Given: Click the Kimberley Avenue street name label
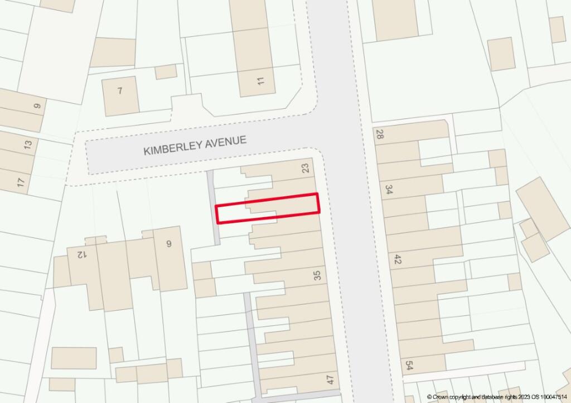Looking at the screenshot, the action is pos(195,146).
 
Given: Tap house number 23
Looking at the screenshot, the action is pos(305,167).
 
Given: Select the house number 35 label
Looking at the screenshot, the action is pos(317,275).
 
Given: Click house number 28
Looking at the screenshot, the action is pos(380,135).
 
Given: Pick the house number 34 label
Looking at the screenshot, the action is pos(389,190).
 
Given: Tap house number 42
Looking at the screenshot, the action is pos(398,260).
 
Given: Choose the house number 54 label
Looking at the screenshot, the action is pos(410,366).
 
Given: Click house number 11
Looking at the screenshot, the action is pos(260,81).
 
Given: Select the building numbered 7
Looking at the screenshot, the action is pos(120,91).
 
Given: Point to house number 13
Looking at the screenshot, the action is pos(27,145).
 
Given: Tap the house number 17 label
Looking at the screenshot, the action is pos(21,182).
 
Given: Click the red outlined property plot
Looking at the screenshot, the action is pos(267,208).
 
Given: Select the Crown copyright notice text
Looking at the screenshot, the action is pos(497,397).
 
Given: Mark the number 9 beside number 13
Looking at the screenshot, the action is pos(37,106).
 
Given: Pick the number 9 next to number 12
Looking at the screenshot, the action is pos(168,243).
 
